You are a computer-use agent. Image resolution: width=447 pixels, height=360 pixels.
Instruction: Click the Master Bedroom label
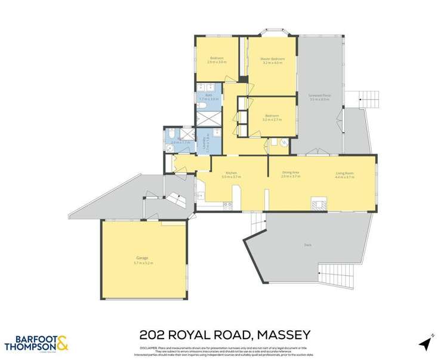272,59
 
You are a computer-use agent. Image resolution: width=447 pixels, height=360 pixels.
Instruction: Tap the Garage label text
143,258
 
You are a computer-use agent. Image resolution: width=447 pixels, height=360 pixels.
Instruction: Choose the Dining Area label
290,173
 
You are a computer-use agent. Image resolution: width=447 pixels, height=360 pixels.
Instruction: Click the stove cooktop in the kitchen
227,206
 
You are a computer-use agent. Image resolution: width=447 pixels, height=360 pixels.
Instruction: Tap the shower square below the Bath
206,119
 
